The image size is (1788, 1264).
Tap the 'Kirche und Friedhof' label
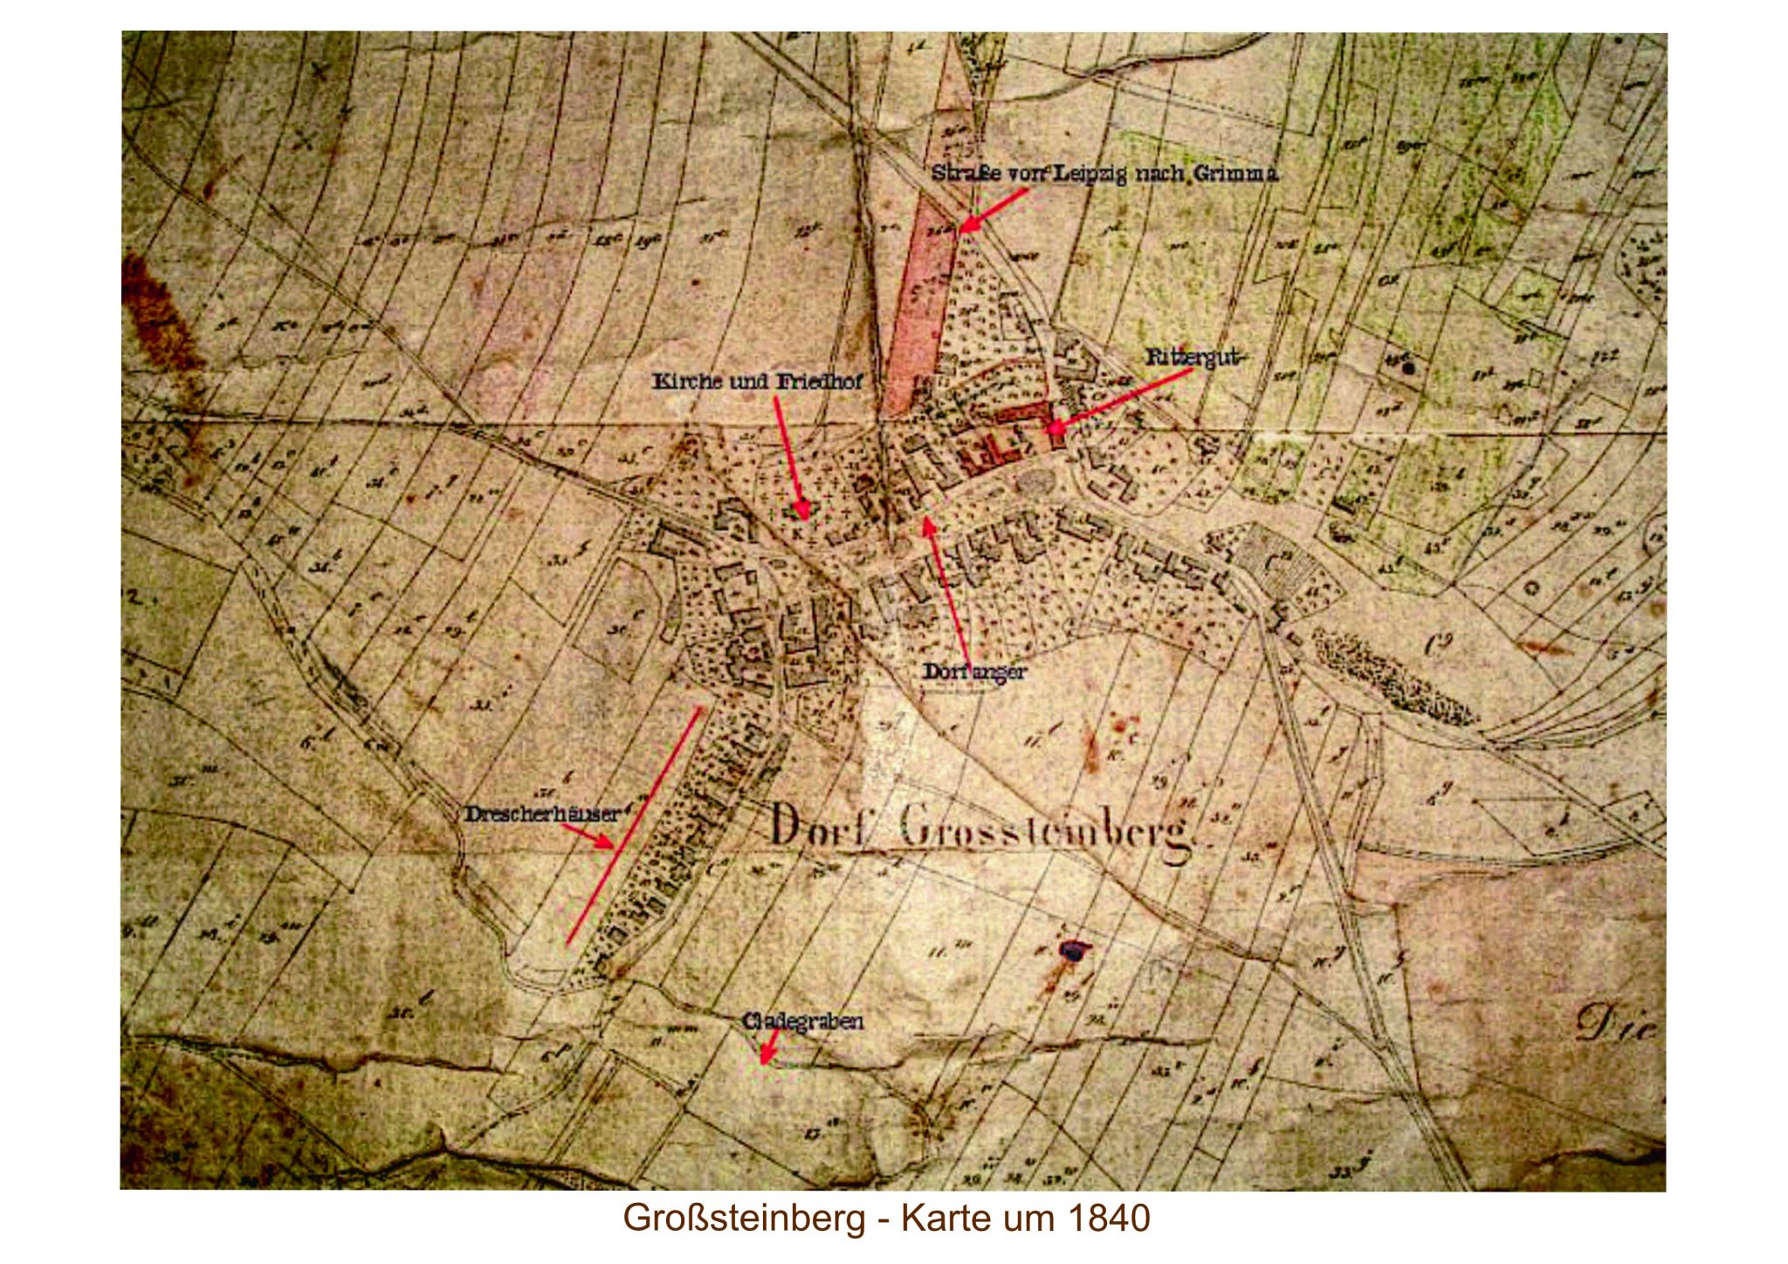(757, 382)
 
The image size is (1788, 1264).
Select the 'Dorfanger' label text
(974, 672)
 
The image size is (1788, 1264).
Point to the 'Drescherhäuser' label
(541, 814)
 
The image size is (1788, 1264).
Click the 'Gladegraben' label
(802, 1020)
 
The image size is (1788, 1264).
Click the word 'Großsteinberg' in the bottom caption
(744, 1218)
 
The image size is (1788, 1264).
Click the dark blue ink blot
(1071, 950)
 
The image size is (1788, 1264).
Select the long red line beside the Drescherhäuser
(633, 826)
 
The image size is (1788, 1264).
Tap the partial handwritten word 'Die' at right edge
(1622, 1024)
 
